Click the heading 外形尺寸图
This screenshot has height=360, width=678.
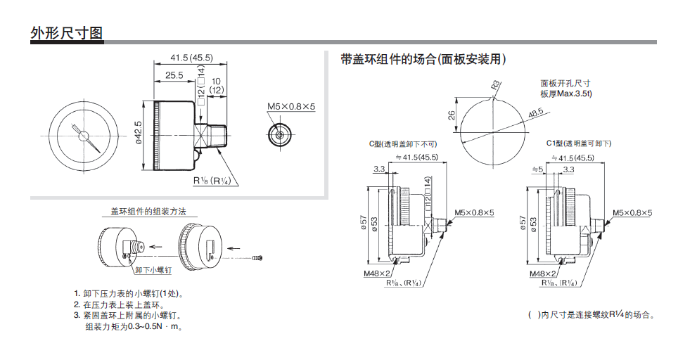click(67, 33)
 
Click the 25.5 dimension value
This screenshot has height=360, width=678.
click(174, 75)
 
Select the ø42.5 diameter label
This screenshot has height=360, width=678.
click(138, 132)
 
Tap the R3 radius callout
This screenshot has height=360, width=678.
click(496, 84)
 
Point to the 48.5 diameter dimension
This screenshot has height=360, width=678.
click(536, 113)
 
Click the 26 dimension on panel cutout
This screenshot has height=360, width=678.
click(452, 115)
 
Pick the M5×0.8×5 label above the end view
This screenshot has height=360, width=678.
click(291, 106)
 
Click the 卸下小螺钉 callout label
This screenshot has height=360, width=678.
click(153, 270)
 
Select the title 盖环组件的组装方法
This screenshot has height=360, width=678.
click(148, 212)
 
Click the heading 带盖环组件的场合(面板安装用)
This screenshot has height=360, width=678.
click(423, 59)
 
